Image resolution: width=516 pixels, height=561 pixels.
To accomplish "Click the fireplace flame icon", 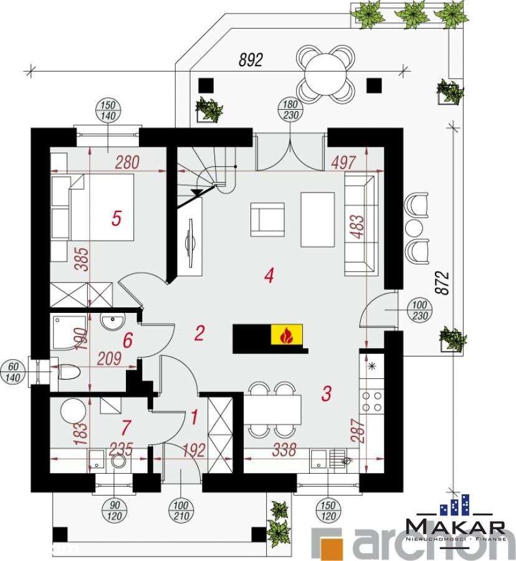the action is click(287, 336).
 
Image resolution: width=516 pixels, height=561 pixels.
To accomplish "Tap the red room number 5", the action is click(115, 218).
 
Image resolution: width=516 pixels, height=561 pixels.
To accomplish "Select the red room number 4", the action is click(269, 275).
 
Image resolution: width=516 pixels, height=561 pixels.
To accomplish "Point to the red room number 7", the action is click(127, 428).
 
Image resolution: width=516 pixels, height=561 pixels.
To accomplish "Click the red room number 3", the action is click(325, 393).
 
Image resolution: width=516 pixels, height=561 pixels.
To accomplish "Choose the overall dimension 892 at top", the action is click(251, 60).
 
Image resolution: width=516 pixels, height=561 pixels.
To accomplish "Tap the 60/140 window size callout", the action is click(14, 370).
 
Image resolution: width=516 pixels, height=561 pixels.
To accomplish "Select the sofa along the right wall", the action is click(360, 224).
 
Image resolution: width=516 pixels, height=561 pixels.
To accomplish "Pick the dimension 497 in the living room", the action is click(343, 163).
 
